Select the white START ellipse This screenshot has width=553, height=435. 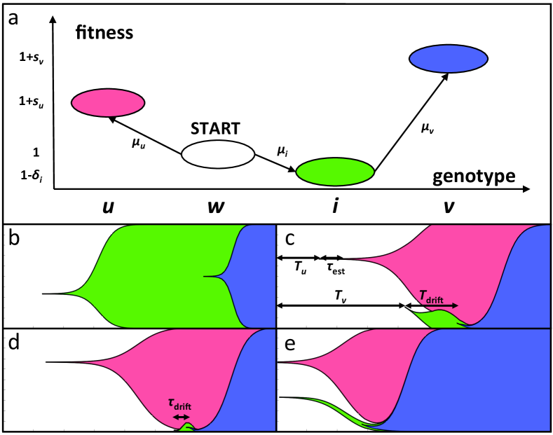[x=217, y=154]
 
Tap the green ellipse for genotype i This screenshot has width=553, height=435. [x=334, y=172]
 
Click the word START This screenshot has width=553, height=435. [x=216, y=129]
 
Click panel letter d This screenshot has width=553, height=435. [x=13, y=345]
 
